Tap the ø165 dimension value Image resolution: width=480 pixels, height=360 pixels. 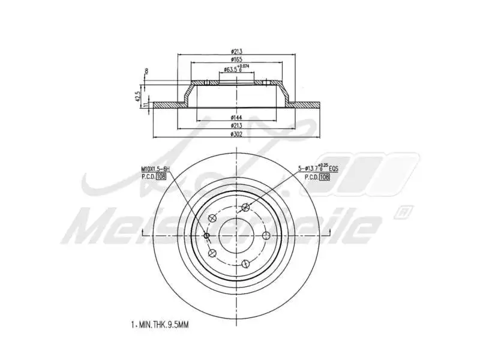[x=237, y=59]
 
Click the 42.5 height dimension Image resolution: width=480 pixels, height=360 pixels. [x=139, y=96]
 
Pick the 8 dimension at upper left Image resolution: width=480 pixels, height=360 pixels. [x=146, y=72]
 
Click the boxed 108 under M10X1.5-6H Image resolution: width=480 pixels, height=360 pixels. [x=160, y=177]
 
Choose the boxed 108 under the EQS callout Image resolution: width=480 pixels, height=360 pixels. [x=325, y=177]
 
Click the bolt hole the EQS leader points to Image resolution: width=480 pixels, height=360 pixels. [x=245, y=208]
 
